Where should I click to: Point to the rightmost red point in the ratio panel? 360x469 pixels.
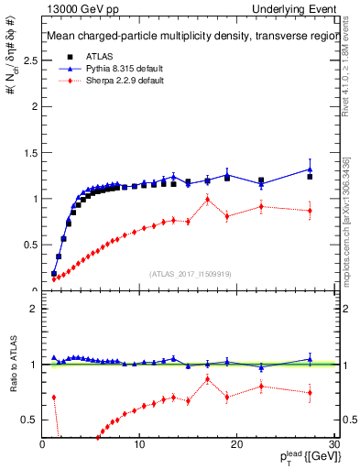pos(310,393)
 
